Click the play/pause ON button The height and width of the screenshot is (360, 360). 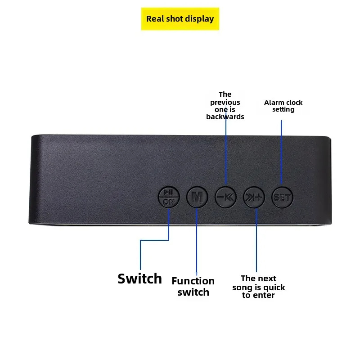[x=168, y=197]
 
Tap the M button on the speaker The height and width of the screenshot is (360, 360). [x=197, y=197]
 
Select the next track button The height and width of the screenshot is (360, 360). [x=255, y=197]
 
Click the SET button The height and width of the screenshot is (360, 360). [x=282, y=197]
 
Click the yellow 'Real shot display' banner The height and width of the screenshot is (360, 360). [x=180, y=19]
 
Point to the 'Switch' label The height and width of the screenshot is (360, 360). [x=139, y=279]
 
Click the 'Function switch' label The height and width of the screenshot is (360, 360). [x=193, y=287]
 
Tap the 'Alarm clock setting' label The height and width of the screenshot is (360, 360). [x=283, y=106]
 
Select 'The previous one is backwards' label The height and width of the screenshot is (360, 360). [x=225, y=105]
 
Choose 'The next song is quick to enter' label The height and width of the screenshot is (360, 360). [x=258, y=287]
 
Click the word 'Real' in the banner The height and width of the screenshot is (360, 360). [x=154, y=19]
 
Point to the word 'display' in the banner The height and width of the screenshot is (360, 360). [x=200, y=19]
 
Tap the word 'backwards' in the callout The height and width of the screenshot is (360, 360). [x=225, y=117]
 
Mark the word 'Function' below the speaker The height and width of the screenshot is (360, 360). [x=193, y=281]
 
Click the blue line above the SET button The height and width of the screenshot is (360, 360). [x=281, y=153]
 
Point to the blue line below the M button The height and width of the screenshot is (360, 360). [x=197, y=243]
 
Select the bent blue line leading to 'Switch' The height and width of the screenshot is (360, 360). [x=153, y=240]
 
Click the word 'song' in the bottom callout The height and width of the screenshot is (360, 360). [x=242, y=287]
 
